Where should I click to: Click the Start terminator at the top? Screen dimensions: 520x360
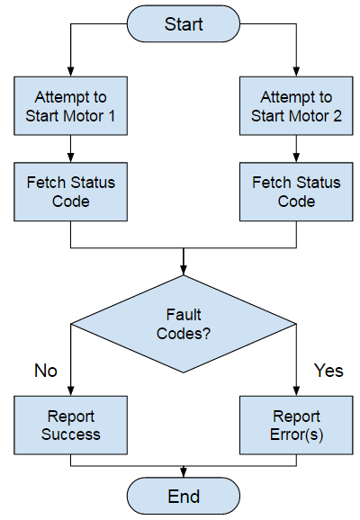(184, 24)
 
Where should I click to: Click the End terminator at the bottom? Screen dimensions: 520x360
(184, 497)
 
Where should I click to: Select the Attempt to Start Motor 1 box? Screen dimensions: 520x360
(70, 106)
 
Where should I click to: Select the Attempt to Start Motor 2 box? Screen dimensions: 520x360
(296, 106)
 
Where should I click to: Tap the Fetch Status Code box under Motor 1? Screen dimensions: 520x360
(70, 192)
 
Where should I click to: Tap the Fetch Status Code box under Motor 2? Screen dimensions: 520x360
(296, 192)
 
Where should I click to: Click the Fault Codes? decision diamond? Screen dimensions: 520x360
(184, 323)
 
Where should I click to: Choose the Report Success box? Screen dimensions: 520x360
(70, 426)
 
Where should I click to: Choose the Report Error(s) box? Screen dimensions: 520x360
(296, 426)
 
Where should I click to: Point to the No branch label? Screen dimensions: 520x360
(45, 371)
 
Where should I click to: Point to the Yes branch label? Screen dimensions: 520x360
(328, 371)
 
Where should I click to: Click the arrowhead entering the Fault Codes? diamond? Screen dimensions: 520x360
(184, 270)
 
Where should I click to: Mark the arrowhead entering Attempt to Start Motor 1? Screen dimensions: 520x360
(70, 72)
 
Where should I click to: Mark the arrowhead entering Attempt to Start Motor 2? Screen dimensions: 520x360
(296, 72)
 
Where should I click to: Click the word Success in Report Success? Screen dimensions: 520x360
(70, 435)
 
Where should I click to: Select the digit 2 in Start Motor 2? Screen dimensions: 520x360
(325, 115)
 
